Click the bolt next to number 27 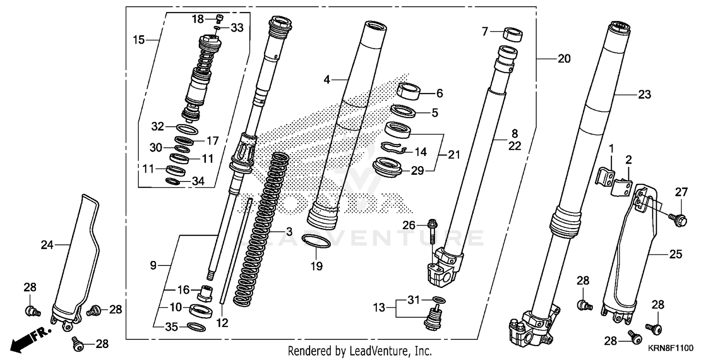(x=679, y=219)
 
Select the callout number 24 (x=47, y=245)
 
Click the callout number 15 (x=139, y=40)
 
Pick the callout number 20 (x=564, y=59)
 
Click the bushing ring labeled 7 (x=513, y=35)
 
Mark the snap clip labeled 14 (x=394, y=148)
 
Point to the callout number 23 (x=644, y=95)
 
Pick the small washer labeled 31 (x=437, y=300)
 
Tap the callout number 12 (x=222, y=324)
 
